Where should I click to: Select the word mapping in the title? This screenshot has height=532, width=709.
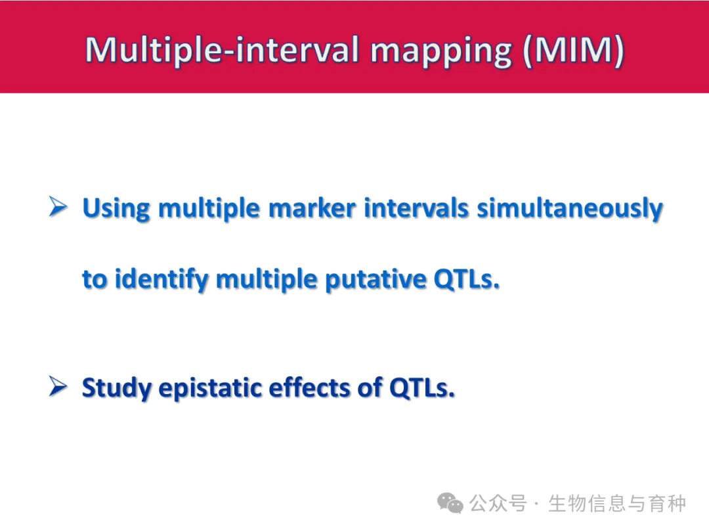(441, 53)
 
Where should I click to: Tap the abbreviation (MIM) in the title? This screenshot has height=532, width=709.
(573, 50)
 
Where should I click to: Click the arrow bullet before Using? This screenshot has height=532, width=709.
(58, 207)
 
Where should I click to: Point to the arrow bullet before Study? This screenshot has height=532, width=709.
(58, 387)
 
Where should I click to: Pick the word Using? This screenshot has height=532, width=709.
(116, 210)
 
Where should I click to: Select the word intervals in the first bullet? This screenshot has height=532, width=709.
(416, 209)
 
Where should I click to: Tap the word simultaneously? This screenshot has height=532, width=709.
(570, 210)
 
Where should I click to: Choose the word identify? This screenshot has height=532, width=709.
(161, 280)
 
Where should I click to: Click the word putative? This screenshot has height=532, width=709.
(376, 280)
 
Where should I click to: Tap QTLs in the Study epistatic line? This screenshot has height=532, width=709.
(422, 388)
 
